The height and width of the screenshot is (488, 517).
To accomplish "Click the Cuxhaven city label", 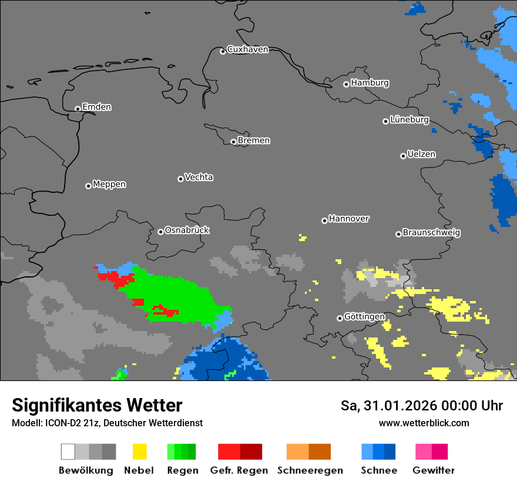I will [x=247, y=49].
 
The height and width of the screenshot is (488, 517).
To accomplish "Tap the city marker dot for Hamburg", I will [x=346, y=84].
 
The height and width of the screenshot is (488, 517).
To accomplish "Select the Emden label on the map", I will [x=96, y=107].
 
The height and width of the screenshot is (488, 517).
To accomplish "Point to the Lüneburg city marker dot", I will [x=385, y=121].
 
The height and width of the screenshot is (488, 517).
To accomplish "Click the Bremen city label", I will [x=254, y=141].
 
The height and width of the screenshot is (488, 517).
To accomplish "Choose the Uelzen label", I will [x=421, y=154].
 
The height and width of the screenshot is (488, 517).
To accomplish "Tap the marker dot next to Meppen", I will [x=88, y=186].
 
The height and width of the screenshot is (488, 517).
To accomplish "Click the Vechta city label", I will [x=199, y=177].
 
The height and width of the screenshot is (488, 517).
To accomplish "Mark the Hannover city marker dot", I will [x=324, y=220].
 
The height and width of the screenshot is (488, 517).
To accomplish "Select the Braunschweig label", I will [x=431, y=232].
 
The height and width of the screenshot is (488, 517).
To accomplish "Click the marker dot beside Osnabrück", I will [x=160, y=232].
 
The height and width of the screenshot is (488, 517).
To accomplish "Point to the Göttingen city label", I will [x=364, y=317].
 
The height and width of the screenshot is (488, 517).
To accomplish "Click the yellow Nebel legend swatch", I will [x=139, y=452].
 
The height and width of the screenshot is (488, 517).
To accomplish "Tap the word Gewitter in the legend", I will [x=433, y=470].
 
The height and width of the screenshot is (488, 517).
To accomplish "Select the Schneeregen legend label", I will [x=310, y=470].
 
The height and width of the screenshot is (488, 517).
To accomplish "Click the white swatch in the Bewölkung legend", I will [x=68, y=452].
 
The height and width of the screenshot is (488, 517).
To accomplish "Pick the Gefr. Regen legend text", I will [x=239, y=470].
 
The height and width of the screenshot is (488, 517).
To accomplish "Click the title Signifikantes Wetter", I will [x=97, y=406].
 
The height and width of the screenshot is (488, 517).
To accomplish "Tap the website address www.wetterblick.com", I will [x=424, y=423].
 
